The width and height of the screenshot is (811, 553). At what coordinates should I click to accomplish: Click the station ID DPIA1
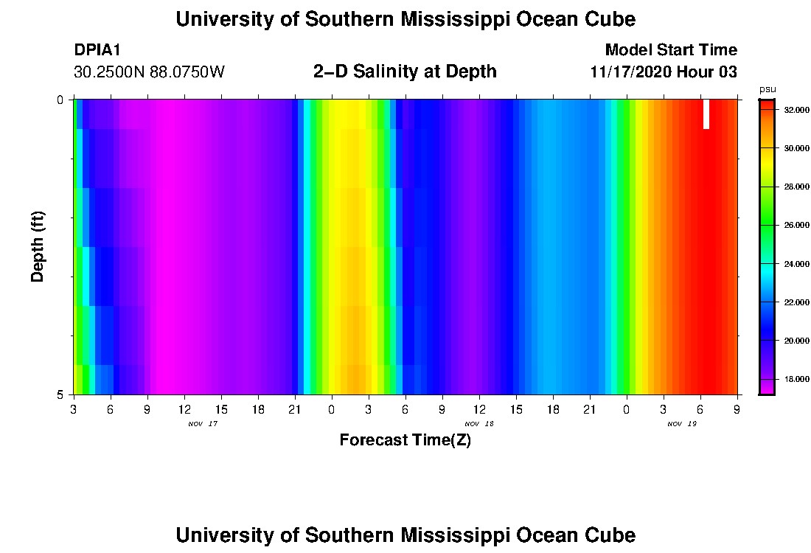tap(97, 50)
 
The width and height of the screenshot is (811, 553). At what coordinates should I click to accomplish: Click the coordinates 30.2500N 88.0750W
tap(149, 72)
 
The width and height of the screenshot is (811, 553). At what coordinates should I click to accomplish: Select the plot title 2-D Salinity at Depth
tap(405, 72)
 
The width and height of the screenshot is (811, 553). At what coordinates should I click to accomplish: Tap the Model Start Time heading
tap(671, 50)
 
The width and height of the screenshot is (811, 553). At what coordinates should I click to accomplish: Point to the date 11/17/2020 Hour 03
tap(664, 72)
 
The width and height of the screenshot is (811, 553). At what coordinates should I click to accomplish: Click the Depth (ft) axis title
tap(38, 246)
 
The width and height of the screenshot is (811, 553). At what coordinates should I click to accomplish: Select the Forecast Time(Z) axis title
tap(405, 440)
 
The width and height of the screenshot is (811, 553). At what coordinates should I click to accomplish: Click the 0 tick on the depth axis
tap(60, 100)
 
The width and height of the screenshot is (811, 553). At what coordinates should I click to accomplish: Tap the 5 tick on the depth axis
tap(60, 394)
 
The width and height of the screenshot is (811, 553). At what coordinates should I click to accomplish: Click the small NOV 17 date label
tap(203, 424)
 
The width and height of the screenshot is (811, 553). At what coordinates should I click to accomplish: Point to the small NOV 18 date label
tap(479, 424)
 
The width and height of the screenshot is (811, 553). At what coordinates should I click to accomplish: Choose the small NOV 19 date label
tap(682, 424)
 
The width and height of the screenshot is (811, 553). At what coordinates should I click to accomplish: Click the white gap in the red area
tap(706, 114)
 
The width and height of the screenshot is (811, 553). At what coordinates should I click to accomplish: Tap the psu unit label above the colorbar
tap(768, 89)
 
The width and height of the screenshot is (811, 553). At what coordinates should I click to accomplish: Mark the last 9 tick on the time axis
tap(737, 408)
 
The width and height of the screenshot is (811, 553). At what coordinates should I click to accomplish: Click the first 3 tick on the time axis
tap(74, 408)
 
